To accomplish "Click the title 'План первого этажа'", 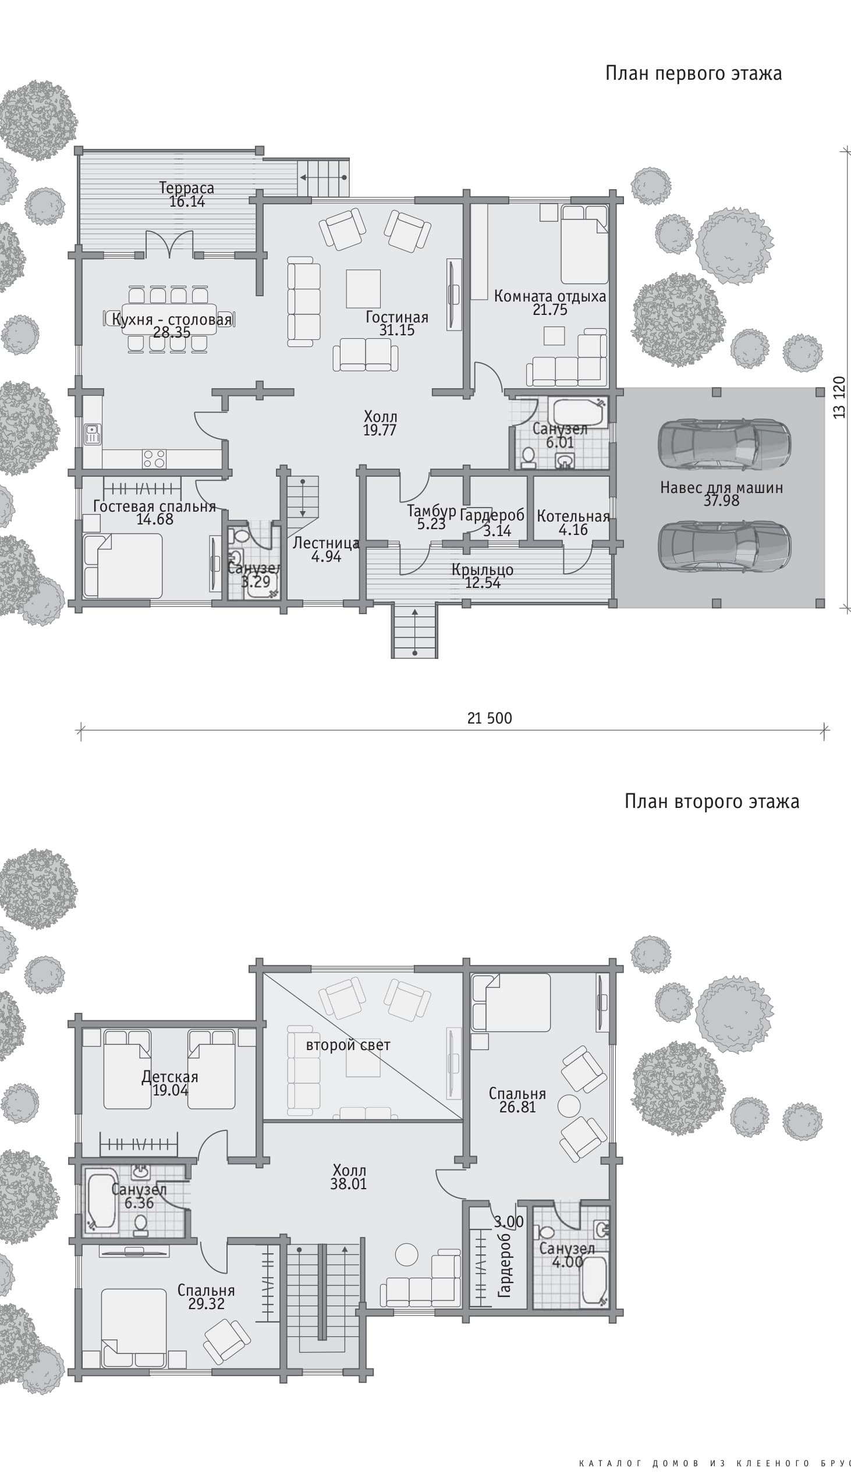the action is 693,73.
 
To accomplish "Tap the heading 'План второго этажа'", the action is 712,801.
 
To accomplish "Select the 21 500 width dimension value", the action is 489,718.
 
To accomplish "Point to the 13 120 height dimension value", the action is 839,398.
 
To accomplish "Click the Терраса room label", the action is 186,188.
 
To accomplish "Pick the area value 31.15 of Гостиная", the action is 397,330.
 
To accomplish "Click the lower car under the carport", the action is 724,546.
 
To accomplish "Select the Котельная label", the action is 573,516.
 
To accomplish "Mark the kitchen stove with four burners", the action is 154,459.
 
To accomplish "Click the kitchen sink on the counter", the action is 92,434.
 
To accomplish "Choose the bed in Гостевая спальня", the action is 123,565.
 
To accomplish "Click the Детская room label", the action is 169,1076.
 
